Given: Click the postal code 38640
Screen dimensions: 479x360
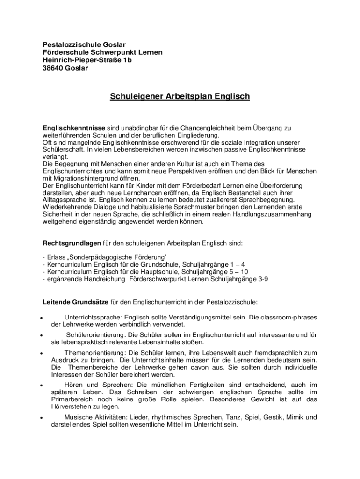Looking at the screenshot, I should coord(54,68).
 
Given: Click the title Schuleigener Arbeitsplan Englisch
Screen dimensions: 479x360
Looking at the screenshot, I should coord(180,97).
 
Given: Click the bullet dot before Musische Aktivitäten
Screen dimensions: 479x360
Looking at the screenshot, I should coord(42,418).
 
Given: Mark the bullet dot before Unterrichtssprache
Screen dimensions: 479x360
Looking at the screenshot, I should coord(42,318).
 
